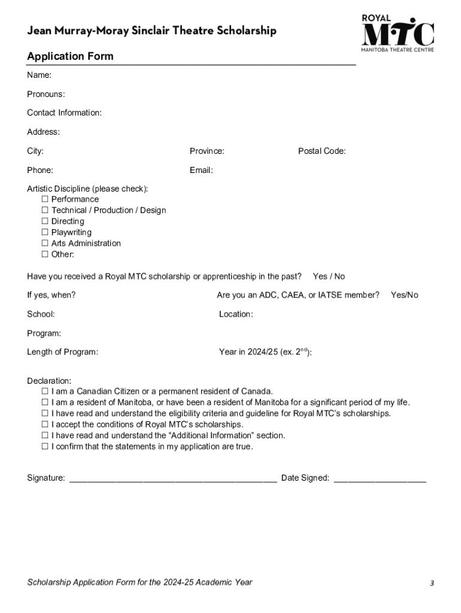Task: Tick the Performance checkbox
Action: (x=44, y=199)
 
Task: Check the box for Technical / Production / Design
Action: (x=44, y=210)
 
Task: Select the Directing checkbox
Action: (x=44, y=221)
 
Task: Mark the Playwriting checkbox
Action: (x=44, y=232)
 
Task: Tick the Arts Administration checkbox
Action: (x=44, y=244)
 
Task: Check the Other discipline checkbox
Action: (x=44, y=254)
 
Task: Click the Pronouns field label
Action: (x=46, y=94)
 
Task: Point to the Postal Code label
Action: (x=322, y=151)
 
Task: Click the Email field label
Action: (x=201, y=170)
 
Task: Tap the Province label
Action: (x=207, y=151)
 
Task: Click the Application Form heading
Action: (x=70, y=56)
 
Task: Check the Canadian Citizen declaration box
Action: (x=44, y=392)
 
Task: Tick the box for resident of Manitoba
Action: (x=44, y=402)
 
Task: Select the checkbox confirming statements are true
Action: (x=44, y=447)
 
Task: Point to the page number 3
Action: (x=431, y=582)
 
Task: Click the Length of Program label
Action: (x=62, y=352)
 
